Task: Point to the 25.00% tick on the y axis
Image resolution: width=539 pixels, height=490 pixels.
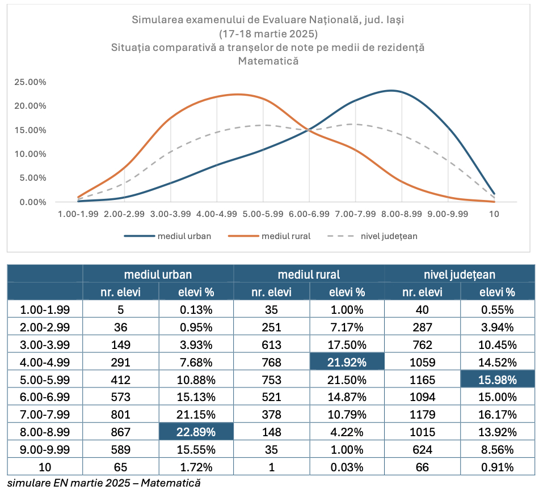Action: tap(31, 82)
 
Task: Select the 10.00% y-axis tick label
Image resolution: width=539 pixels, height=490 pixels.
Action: tap(31, 154)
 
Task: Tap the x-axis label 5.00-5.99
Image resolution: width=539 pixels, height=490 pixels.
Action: tap(263, 215)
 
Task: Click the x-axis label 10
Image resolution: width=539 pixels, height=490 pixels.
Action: tap(494, 215)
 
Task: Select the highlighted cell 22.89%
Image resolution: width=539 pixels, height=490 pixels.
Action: tap(196, 432)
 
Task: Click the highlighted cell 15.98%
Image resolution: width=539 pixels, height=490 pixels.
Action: tap(498, 380)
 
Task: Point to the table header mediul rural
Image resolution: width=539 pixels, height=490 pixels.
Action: tap(309, 275)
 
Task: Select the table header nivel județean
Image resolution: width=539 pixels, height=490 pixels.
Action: tap(460, 275)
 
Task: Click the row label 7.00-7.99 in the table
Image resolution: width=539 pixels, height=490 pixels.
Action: tap(45, 415)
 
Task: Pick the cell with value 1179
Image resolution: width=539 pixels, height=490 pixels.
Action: tap(422, 415)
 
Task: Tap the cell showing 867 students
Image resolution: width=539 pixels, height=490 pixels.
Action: tap(120, 432)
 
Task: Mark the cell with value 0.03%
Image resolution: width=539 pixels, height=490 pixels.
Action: tap(347, 467)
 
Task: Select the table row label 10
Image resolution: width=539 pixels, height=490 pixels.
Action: tap(45, 467)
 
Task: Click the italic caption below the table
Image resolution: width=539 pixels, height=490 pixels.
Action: tap(104, 483)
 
